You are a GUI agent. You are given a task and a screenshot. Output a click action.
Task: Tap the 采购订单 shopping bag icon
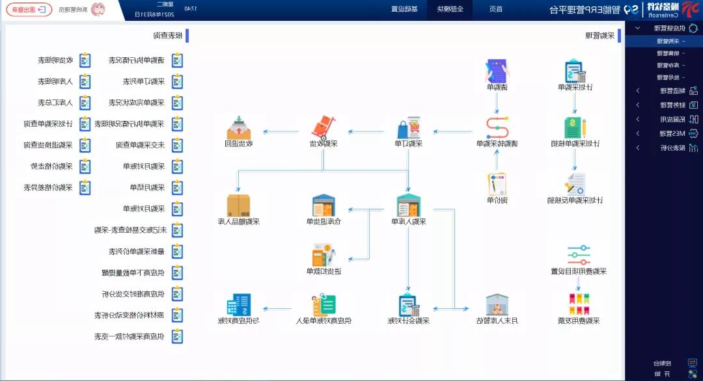pos(409,127)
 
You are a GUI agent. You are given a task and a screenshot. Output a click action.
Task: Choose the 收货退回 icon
pos(239,127)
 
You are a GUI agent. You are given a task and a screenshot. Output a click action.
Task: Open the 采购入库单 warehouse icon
pos(409,205)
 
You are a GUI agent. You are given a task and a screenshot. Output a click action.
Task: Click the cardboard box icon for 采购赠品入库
pos(239,205)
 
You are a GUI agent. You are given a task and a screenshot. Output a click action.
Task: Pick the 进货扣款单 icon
pos(324,255)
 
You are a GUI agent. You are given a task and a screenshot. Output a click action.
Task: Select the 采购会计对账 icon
pos(409,304)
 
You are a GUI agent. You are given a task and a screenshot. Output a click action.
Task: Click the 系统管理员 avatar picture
pos(98,9)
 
